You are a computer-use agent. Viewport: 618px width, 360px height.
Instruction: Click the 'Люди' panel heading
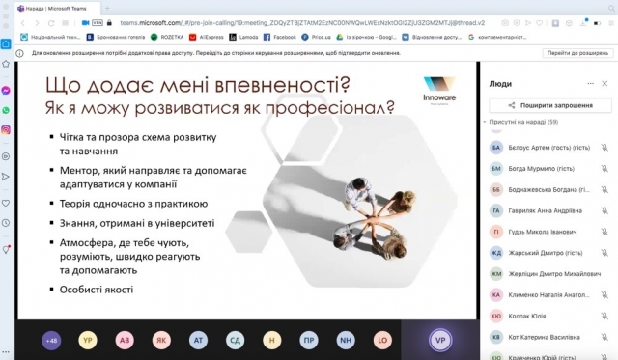[500, 83]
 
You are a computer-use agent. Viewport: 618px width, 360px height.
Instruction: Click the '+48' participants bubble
[52, 340]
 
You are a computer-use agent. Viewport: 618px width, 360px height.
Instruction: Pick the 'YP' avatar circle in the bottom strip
[87, 340]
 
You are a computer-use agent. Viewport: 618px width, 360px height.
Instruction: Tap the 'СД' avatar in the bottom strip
[235, 340]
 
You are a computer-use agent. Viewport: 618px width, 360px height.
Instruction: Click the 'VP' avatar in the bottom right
[441, 340]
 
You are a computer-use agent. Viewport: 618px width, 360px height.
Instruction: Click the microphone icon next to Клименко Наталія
[604, 294]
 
